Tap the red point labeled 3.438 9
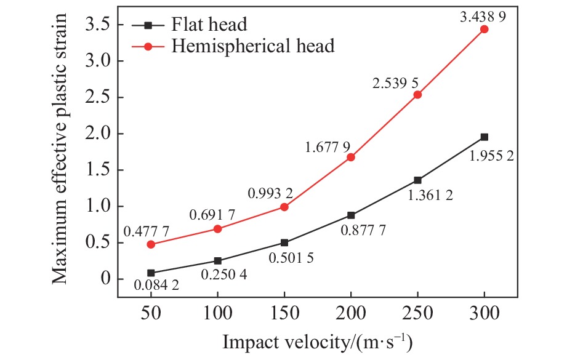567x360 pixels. (x=484, y=29)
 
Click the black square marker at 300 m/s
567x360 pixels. (x=484, y=137)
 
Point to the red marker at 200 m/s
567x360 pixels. (x=351, y=157)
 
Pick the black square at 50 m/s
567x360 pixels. (x=151, y=273)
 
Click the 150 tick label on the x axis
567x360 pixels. (x=284, y=314)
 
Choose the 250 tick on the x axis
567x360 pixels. (x=417, y=314)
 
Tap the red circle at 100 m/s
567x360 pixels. (x=217, y=228)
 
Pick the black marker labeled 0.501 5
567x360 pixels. (x=284, y=242)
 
